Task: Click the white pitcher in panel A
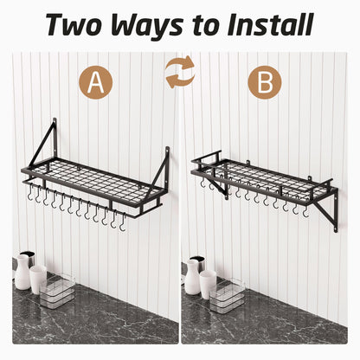point(22,272)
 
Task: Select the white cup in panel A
point(38,279)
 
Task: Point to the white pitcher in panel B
point(193,274)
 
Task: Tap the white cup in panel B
point(209,280)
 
